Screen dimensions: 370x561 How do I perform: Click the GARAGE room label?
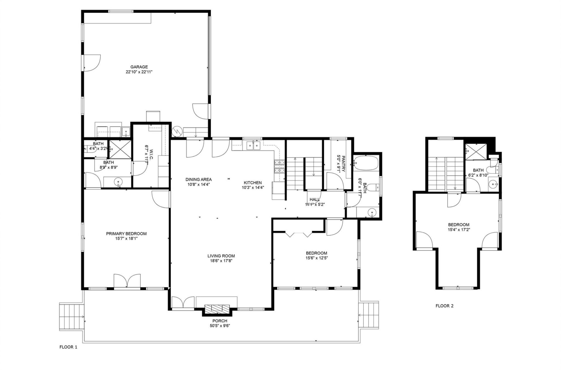139,67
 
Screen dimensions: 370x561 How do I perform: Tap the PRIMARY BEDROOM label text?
126,233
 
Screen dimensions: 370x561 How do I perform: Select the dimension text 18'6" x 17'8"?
221,261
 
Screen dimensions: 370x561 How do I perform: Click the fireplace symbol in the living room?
217,309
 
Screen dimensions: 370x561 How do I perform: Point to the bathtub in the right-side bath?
366,163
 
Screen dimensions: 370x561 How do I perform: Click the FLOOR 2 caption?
444,306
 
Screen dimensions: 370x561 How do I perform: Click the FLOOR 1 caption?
68,347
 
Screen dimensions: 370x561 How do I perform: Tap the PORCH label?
220,321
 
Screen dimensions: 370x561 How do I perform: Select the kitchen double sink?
253,145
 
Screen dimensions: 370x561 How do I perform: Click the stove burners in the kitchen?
279,167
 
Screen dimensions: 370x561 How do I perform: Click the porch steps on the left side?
71,317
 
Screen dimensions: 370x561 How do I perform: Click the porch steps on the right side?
369,315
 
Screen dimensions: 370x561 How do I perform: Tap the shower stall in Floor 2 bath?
476,151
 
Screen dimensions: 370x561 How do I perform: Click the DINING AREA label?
198,179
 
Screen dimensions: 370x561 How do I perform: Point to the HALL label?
314,199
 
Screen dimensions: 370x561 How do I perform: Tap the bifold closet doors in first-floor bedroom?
298,234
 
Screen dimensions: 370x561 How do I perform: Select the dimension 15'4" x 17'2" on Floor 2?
459,229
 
